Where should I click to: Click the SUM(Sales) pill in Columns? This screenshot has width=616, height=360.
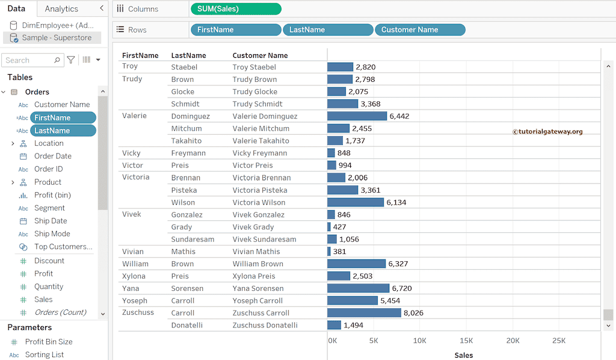pos(235,9)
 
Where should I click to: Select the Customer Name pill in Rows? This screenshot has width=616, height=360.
pos(419,30)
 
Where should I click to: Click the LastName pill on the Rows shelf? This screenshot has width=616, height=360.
pos(327,30)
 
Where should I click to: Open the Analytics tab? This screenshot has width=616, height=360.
pos(61,9)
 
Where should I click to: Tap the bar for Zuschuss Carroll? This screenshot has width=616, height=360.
pos(364,313)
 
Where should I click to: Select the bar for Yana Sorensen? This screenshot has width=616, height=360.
pos(359,288)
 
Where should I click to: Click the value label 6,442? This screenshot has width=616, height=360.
pos(399,116)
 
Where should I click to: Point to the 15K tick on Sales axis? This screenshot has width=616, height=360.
pos(466,341)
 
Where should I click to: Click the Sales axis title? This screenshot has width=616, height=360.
pos(463,355)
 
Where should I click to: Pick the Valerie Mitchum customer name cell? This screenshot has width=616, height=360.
pos(260,128)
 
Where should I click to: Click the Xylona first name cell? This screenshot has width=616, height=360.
pos(134,276)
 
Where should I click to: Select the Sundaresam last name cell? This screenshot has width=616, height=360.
pos(192,239)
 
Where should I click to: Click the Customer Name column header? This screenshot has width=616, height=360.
pos(260,55)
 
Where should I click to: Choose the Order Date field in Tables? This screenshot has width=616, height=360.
pos(52,156)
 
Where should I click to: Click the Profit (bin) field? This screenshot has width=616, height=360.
pos(52,195)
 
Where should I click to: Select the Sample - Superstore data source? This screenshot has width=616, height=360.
pos(57,38)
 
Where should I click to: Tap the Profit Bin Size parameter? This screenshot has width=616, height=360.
pos(48,342)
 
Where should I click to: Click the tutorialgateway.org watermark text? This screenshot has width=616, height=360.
pos(547,132)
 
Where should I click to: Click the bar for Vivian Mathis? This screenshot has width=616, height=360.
pos(329,252)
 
